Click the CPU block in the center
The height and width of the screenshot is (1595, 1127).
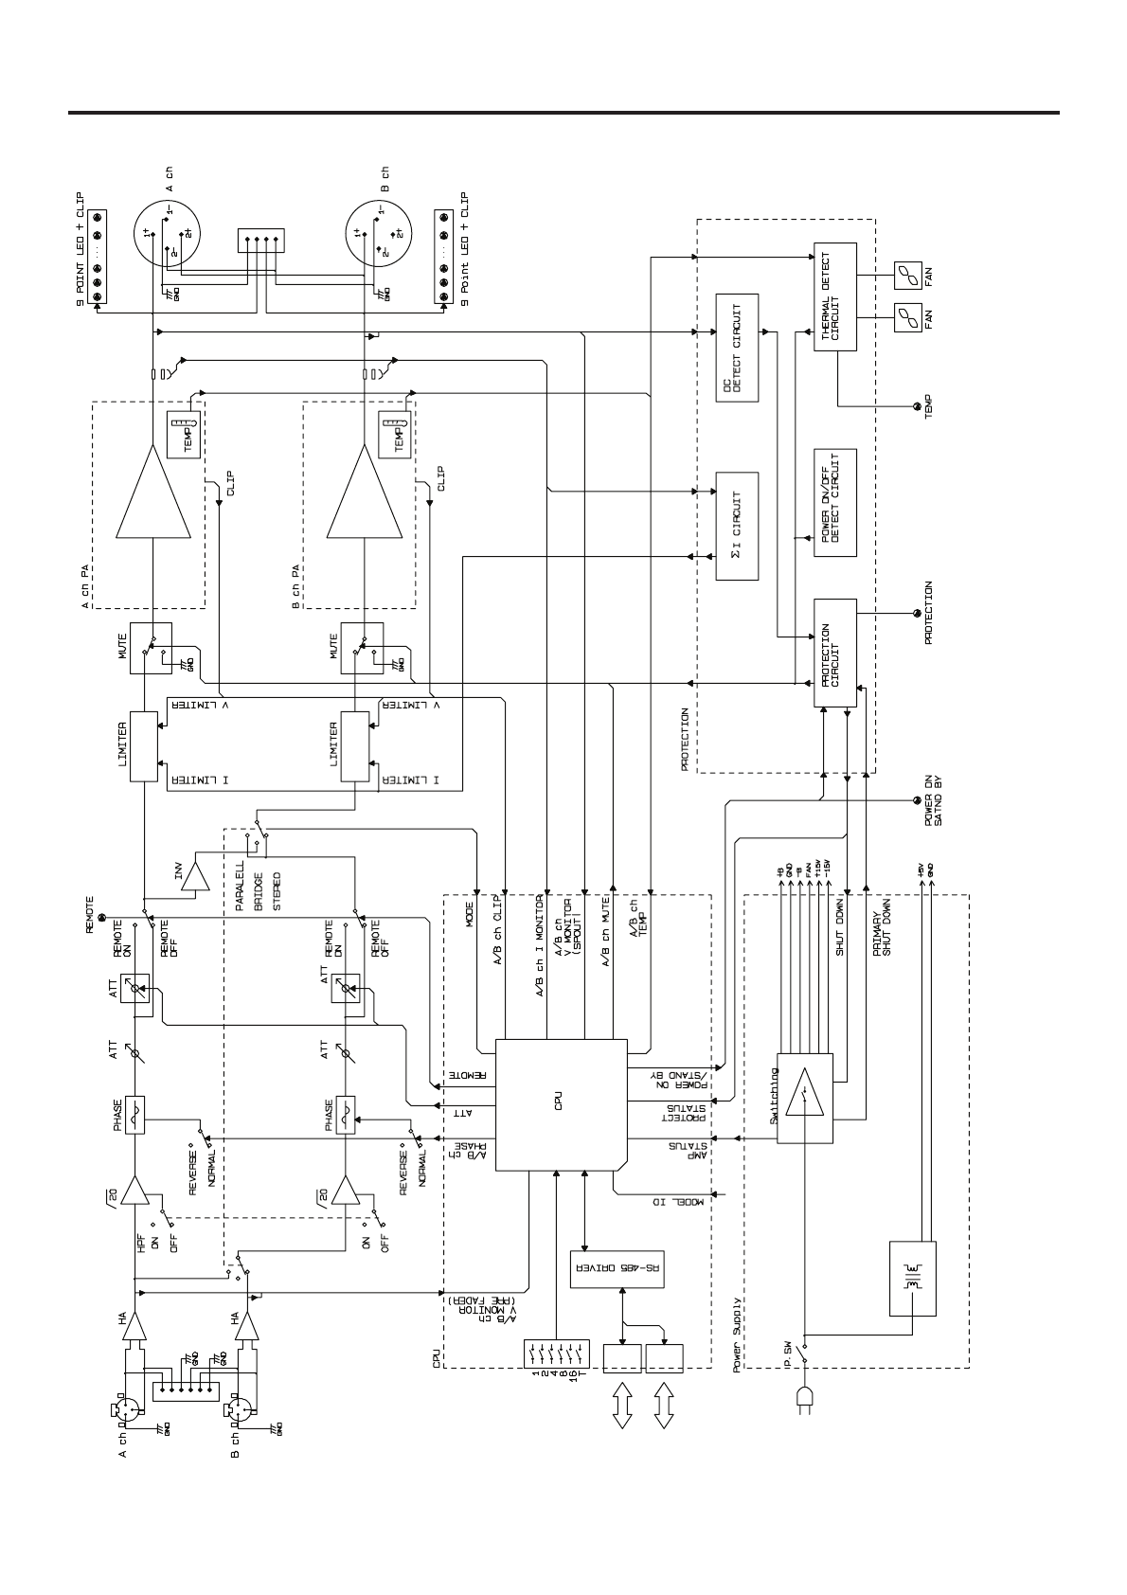pos(561,1104)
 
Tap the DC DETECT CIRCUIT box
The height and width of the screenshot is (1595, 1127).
pos(738,348)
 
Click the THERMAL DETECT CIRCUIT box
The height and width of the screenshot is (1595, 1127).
pos(834,296)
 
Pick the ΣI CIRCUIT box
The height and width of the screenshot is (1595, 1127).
pos(738,526)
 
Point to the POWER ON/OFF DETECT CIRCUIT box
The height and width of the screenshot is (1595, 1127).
pos(834,502)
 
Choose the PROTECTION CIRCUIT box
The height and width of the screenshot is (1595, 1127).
pos(834,652)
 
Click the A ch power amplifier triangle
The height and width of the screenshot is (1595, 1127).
pos(152,491)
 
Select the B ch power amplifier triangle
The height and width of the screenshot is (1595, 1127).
pos(363,491)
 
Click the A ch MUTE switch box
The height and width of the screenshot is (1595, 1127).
pos(152,648)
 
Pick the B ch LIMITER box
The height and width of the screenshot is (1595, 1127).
pos(354,747)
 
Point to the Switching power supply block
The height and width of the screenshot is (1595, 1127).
pos(804,1099)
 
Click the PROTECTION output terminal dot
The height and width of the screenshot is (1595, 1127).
pos(915,614)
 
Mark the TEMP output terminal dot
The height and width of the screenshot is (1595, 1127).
pos(915,407)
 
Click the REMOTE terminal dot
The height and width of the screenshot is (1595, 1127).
pos(101,918)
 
